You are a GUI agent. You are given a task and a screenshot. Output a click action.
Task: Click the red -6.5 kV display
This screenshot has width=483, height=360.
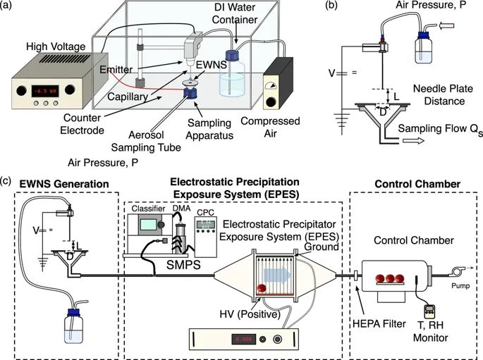click(x=45, y=91)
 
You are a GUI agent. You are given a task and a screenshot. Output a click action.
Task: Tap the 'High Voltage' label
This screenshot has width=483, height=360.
click(x=56, y=46)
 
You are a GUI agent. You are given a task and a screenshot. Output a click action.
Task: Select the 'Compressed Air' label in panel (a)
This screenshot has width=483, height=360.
click(x=270, y=128)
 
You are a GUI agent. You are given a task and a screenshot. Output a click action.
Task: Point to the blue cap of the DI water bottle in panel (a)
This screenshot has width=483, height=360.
click(x=232, y=56)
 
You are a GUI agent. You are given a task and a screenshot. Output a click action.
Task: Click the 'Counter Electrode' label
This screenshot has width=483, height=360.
click(x=82, y=124)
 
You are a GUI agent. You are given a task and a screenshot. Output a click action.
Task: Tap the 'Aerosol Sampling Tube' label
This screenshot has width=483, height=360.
click(x=146, y=141)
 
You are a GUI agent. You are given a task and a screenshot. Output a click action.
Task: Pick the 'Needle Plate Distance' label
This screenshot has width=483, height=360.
click(x=443, y=95)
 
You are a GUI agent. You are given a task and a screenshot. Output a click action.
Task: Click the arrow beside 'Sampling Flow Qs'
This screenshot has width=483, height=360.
click(x=413, y=141)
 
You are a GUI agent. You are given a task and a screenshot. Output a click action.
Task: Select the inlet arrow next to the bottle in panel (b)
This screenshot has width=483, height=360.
click(x=447, y=26)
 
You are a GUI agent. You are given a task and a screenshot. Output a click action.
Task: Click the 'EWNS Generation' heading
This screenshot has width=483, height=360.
click(x=64, y=184)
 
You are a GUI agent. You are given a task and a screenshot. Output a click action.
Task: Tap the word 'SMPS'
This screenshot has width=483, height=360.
click(x=183, y=265)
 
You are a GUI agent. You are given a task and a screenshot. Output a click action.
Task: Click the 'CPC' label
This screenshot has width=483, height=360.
click(x=205, y=213)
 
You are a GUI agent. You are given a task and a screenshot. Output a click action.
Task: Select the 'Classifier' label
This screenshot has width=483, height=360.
click(x=149, y=209)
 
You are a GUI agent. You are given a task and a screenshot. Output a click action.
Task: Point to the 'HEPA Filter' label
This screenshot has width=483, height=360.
click(x=379, y=323)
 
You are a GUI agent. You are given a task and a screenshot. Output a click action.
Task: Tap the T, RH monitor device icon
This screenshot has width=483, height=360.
click(x=429, y=311)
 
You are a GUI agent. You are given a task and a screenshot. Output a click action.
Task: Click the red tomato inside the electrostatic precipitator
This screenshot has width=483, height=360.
click(x=262, y=288)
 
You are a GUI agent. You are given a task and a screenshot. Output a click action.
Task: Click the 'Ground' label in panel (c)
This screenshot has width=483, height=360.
click(x=322, y=247)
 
